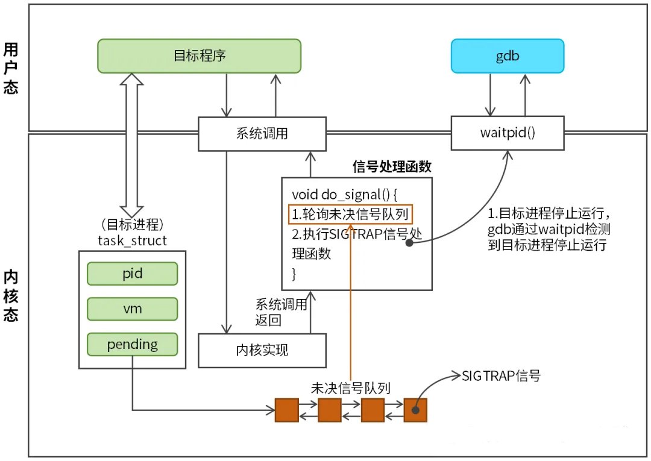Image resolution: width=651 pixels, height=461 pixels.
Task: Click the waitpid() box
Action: point(507,133)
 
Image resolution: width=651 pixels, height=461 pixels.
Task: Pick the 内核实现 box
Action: point(262,350)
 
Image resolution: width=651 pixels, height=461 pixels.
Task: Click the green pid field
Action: point(133,273)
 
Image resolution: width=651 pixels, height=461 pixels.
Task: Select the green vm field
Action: point(133,309)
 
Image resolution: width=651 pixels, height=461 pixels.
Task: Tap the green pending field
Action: point(133,345)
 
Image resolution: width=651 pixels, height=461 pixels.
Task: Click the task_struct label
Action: point(132,241)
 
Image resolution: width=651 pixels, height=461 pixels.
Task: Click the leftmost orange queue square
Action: point(286,410)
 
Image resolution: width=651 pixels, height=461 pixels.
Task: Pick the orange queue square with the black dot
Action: point(415,410)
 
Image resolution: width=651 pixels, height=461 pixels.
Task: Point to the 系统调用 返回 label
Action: point(277,312)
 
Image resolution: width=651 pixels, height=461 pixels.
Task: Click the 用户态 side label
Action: point(10,67)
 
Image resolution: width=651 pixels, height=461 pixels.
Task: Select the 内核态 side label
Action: point(10,295)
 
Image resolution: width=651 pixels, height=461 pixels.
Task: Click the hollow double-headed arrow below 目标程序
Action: point(131,145)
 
